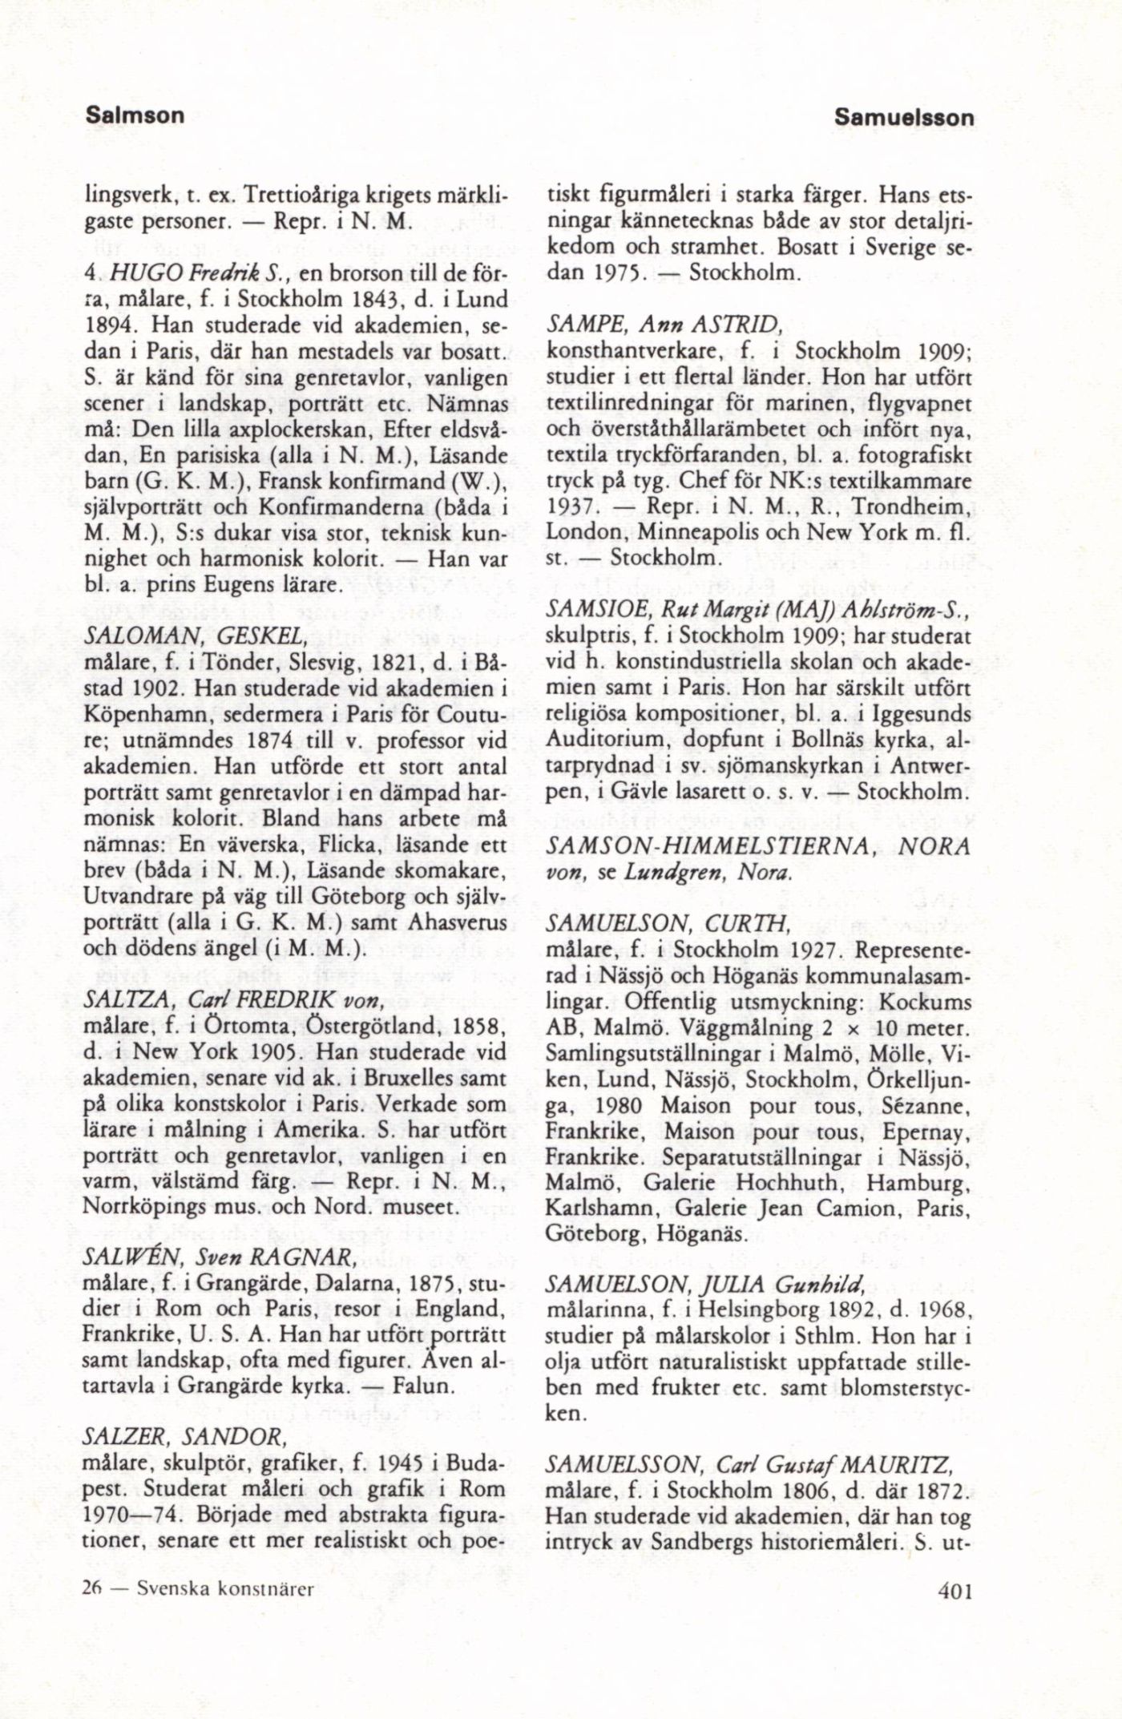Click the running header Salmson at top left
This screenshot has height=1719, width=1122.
click(x=135, y=115)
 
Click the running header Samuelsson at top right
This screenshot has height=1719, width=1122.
click(x=904, y=117)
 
